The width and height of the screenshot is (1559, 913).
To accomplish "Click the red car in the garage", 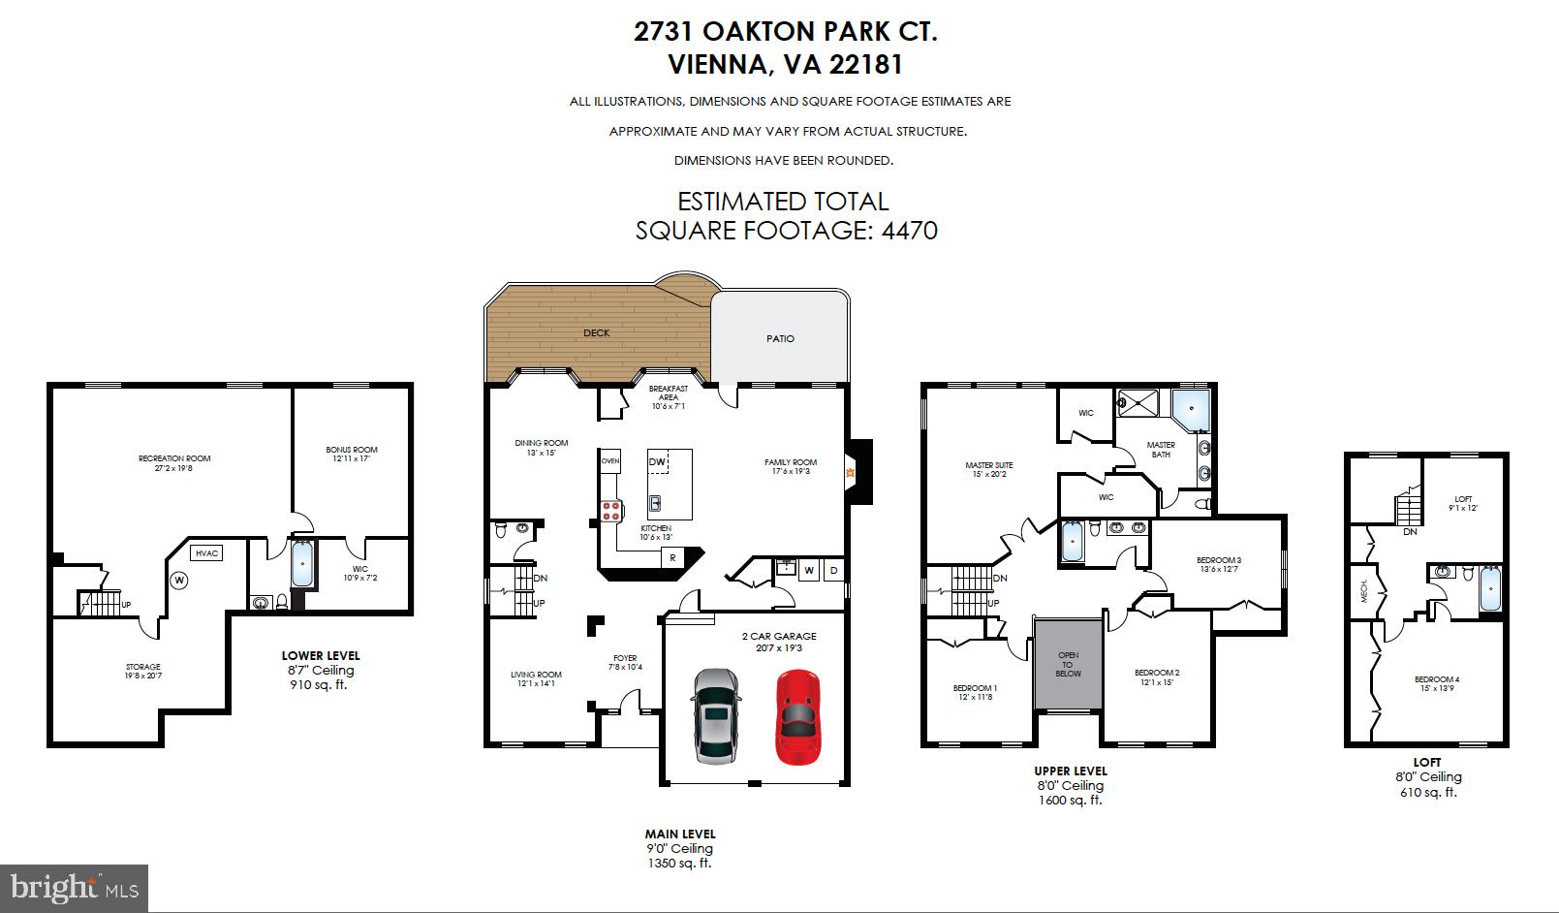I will coord(797,716).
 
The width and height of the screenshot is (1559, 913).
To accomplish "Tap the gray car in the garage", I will coord(715,716).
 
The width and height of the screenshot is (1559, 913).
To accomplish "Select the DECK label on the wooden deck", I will coord(597,332).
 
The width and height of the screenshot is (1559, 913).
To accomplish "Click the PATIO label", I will coord(780,338).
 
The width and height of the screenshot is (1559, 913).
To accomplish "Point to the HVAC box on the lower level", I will coord(207,552).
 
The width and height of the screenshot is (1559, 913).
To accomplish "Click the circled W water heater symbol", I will coord(179,581).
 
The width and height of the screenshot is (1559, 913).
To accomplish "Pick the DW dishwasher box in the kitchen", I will coord(657,462).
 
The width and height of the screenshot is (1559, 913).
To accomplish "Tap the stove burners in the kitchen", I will coord(611,512).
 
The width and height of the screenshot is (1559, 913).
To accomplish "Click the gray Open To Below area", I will coord(1068,666).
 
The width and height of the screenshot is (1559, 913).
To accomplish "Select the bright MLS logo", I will coord(74,887).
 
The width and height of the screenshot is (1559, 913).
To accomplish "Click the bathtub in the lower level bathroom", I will coord(303,563).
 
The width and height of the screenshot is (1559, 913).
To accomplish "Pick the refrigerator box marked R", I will coord(670,557).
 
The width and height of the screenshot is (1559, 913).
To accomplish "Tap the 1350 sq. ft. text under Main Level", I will coord(679,863).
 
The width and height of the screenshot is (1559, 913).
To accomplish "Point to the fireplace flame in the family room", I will coord(850,473).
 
